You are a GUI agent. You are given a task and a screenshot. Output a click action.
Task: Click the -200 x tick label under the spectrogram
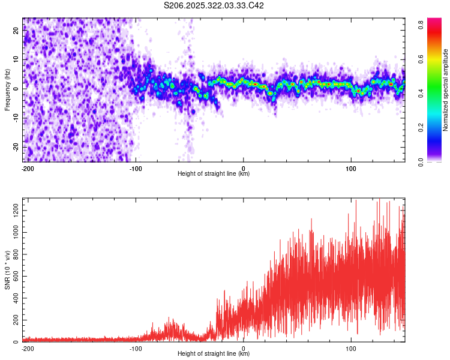tap(26, 168)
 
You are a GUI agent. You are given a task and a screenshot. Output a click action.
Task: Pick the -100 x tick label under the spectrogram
tap(135, 168)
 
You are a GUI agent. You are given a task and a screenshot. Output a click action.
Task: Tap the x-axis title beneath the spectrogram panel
tap(214, 174)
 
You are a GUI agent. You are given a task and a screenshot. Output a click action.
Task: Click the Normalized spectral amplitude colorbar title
tap(445, 90)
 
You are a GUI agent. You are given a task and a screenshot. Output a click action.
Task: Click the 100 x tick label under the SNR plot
tap(350, 348)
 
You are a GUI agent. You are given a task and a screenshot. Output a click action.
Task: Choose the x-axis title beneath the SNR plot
tap(214, 354)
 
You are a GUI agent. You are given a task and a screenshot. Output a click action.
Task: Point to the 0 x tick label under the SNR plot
tap(244, 348)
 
